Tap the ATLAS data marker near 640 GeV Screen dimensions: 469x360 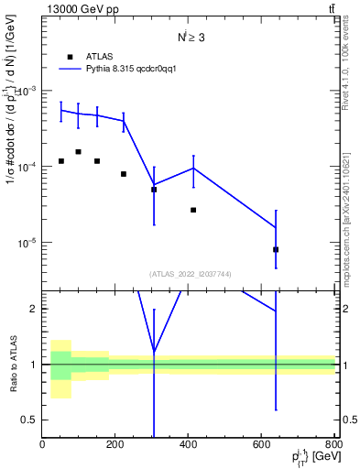276,249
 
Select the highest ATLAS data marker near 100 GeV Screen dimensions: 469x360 79,152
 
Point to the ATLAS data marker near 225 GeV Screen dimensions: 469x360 124,174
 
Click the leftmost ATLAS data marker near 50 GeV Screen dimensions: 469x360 60,161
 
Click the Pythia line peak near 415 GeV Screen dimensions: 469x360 193,168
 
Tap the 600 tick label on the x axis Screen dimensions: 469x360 262,445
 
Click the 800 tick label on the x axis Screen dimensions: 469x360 334,445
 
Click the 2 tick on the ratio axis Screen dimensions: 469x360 35,309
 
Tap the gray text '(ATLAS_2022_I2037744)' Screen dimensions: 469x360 189,274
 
